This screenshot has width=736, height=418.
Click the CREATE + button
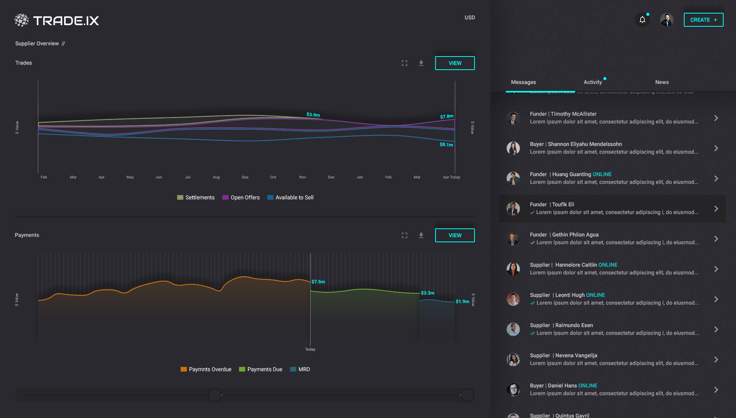click(703, 20)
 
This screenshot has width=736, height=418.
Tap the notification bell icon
click(642, 20)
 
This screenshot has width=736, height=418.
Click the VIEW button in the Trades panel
click(455, 63)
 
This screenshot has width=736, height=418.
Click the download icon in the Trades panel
click(421, 63)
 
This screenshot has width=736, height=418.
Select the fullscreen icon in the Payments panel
click(405, 235)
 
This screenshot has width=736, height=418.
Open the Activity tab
click(593, 82)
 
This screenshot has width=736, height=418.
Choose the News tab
click(662, 82)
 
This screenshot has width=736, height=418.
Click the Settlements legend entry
click(196, 197)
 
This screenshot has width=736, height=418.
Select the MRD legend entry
click(300, 369)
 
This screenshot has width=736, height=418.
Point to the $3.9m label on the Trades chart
click(313, 115)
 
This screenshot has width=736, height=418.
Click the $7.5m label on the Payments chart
click(318, 282)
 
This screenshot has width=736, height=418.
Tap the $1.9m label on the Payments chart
click(462, 302)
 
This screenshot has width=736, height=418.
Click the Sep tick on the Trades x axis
click(245, 177)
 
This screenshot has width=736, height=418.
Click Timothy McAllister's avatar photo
click(513, 118)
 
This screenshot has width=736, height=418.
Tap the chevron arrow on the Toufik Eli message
click(716, 209)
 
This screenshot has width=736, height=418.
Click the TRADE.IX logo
click(57, 20)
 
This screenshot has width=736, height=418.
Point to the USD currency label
click(470, 17)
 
